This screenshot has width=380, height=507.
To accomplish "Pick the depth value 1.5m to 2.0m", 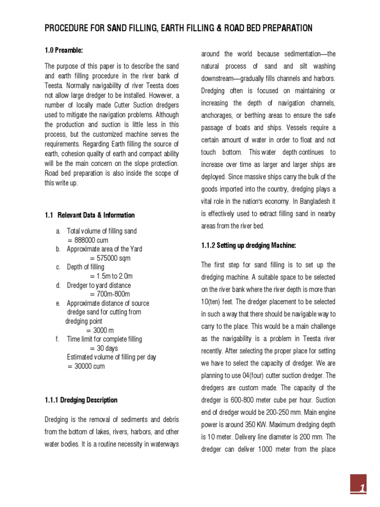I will coord(114,276).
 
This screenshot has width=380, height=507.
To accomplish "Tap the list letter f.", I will coord(57,339).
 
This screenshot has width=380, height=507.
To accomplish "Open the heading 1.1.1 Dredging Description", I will coord(81,400).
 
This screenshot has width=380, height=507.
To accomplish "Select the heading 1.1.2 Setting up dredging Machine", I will coord(249,246).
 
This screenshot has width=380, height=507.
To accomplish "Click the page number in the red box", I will coord(362,489).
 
